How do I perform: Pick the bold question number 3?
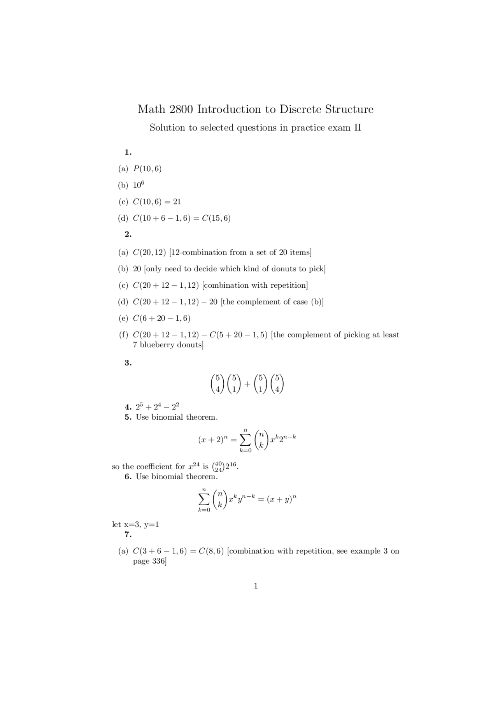click(128, 363)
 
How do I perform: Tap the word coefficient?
click(153, 466)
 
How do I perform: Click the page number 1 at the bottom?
click(256, 586)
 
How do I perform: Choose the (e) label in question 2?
click(123, 318)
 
